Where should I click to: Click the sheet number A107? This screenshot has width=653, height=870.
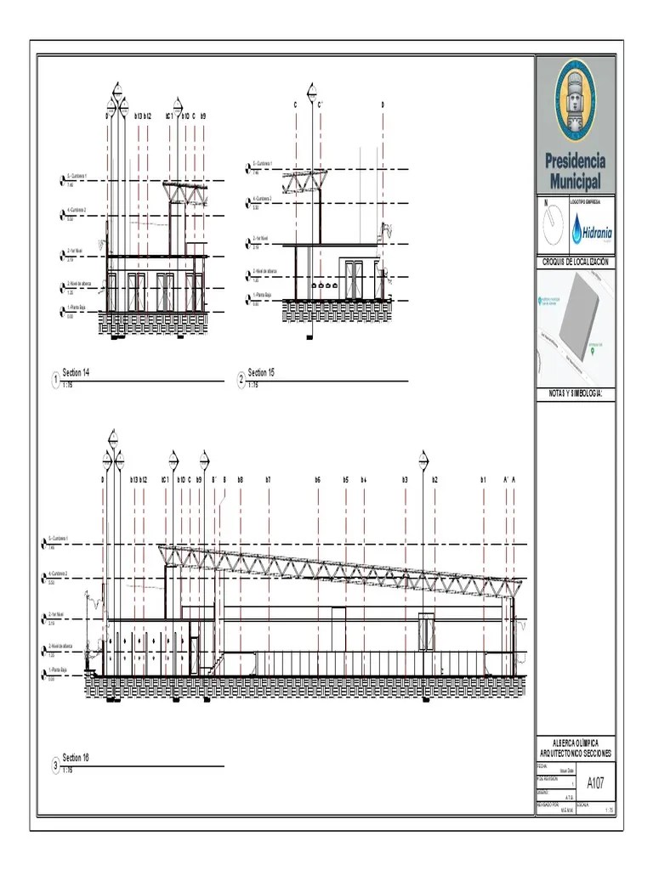coord(596,783)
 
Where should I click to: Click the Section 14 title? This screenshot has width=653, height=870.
coord(76,373)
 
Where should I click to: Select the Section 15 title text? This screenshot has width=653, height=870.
coord(261,373)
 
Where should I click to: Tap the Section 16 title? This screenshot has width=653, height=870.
coord(76,757)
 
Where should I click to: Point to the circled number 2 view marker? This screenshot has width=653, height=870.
coord(241,379)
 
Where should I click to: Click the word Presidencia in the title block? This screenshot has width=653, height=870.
coord(576,161)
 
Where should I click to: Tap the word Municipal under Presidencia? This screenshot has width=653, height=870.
coord(576,181)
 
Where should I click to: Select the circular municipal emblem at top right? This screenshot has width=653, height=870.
coord(576,100)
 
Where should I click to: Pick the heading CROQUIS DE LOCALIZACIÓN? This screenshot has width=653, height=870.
coord(576,263)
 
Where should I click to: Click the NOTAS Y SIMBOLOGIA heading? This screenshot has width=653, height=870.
coord(576,393)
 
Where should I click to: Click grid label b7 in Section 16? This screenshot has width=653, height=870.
coord(268,480)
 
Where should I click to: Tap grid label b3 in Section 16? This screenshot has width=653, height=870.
coord(406,480)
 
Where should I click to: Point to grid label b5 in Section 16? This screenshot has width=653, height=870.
coord(346,480)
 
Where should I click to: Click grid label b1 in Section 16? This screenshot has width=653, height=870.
coord(483,480)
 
